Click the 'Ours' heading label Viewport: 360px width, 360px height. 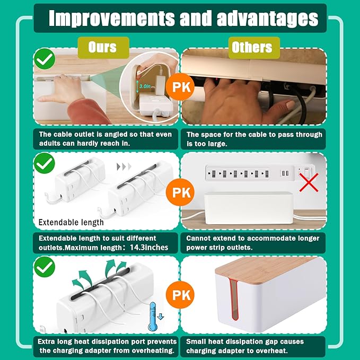click(x=102, y=47)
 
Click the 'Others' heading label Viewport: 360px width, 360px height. click(x=252, y=47)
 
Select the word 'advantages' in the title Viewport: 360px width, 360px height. click(x=267, y=18)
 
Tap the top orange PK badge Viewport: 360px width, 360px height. click(x=180, y=87)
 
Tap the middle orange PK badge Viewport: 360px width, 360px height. click(x=180, y=191)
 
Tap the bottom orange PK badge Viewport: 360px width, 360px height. click(x=180, y=295)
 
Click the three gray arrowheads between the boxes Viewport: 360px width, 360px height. click(x=124, y=167)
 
